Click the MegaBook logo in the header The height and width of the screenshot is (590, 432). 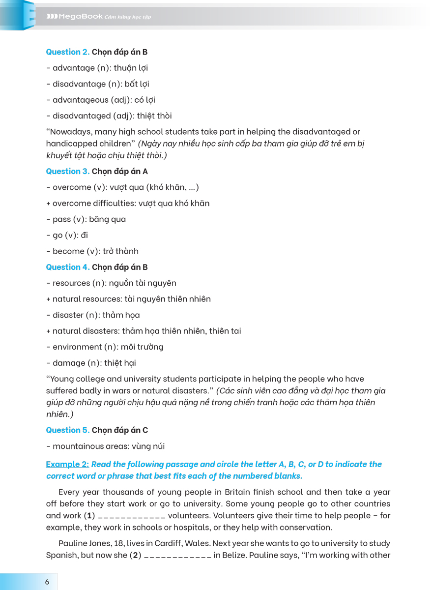coord(75,17)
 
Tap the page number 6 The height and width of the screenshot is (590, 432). coord(47,582)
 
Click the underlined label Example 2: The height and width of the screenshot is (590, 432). coord(67,464)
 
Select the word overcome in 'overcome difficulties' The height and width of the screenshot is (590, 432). coord(72,203)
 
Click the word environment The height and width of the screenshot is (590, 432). coord(77,347)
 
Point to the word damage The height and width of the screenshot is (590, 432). coord(68,363)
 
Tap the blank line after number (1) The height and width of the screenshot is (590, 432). coord(132,516)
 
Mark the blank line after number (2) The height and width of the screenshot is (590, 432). coord(177,556)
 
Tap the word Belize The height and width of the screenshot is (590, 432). coord(227,555)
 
